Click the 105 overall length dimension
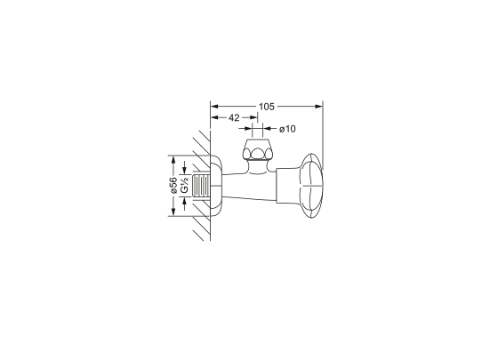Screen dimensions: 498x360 pos(266,107)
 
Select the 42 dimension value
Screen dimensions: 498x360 pos(234,117)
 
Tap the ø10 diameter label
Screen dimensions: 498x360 pos(287,129)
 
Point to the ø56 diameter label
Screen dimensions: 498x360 pos(173,186)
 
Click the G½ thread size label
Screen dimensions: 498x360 pos(185,186)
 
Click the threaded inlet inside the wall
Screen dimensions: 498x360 pos(201,186)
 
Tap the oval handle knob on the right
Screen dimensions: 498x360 pos(312,186)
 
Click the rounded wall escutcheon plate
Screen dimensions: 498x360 pos(216,186)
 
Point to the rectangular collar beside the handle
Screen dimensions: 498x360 pos(287,186)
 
